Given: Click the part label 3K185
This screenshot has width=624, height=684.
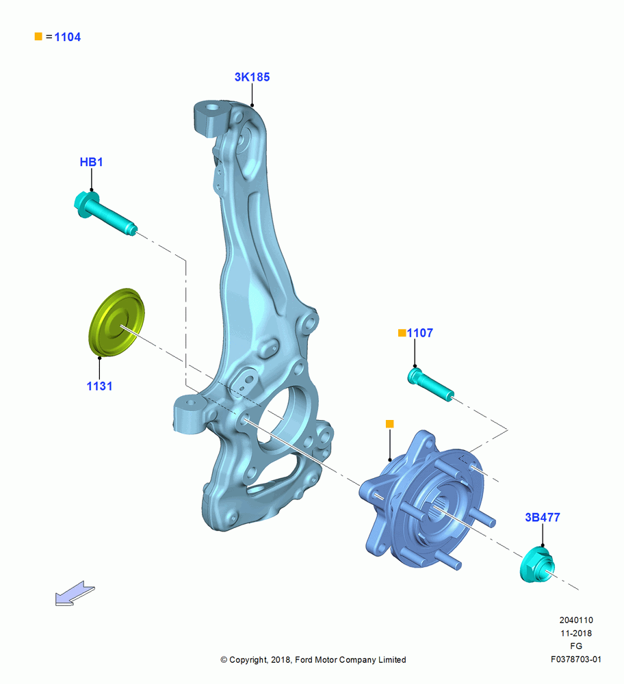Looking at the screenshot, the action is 252,77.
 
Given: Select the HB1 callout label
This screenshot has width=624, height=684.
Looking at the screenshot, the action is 91,162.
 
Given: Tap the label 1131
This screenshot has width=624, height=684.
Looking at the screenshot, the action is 99,386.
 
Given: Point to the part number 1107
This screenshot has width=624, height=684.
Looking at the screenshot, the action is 420,333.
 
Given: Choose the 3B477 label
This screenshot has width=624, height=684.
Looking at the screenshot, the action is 543,517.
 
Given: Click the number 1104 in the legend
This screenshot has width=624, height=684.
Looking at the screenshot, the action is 68,37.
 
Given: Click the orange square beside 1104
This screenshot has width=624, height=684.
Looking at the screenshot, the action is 38,36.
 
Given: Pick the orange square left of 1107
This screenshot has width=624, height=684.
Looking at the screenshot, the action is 402,333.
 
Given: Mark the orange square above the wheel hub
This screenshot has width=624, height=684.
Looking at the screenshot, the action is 390,423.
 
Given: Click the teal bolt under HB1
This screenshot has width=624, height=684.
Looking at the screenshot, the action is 105,213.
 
